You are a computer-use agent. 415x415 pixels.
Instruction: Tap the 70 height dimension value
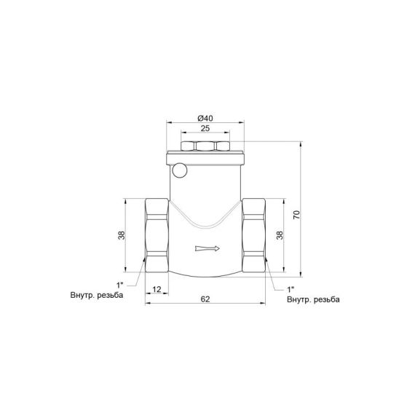[297, 216]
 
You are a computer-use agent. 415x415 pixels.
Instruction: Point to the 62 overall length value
[207, 299]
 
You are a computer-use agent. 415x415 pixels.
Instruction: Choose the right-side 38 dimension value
[280, 235]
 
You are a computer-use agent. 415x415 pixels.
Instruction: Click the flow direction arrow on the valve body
[207, 250]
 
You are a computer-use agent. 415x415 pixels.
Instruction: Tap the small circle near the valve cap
[180, 172]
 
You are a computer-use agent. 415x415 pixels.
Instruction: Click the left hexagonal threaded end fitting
[157, 234]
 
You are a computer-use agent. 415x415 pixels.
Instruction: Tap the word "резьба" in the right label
[328, 299]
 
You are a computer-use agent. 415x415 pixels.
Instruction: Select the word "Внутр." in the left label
[80, 296]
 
